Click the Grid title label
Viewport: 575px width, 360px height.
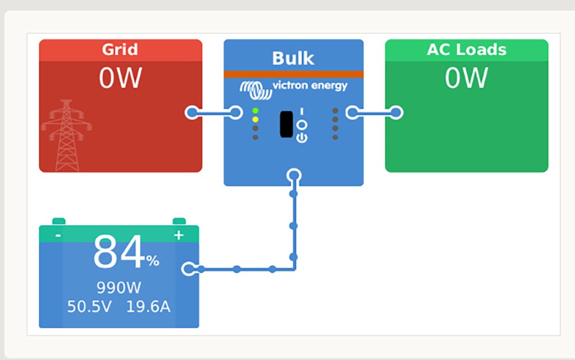pyautogui.click(x=120, y=49)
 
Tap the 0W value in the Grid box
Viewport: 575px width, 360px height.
pyautogui.click(x=120, y=78)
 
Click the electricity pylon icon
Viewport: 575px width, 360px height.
pyautogui.click(x=66, y=135)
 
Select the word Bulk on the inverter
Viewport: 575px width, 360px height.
pyautogui.click(x=293, y=58)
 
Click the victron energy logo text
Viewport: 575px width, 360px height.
pyautogui.click(x=309, y=86)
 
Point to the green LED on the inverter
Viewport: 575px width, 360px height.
pyautogui.click(x=255, y=111)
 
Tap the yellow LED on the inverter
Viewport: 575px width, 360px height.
pyautogui.click(x=255, y=119)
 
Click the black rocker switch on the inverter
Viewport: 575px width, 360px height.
pyautogui.click(x=286, y=124)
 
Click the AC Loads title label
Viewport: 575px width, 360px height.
pyautogui.click(x=467, y=49)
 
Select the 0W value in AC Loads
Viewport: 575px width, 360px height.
pyautogui.click(x=467, y=78)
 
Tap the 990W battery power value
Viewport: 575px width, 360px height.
pyautogui.click(x=118, y=288)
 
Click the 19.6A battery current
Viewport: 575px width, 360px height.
pyautogui.click(x=148, y=307)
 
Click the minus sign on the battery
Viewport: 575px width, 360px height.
pyautogui.click(x=58, y=235)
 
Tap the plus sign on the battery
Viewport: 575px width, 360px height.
pyautogui.click(x=179, y=235)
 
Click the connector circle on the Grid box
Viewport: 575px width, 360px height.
pyautogui.click(x=192, y=112)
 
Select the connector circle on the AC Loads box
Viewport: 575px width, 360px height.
pyautogui.click(x=396, y=113)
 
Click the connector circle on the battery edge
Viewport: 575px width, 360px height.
pyautogui.click(x=189, y=269)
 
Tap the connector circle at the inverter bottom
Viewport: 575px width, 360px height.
pyautogui.click(x=294, y=176)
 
